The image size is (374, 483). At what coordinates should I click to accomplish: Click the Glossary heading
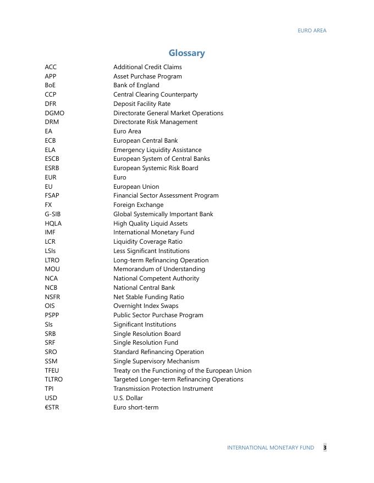186,53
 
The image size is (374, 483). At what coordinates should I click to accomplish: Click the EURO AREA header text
312,31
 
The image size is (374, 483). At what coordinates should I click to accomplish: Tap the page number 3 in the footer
324,448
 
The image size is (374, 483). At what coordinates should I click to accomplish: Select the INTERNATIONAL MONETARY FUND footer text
271,448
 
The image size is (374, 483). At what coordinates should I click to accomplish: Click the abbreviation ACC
51,67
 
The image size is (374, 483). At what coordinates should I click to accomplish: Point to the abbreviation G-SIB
53,214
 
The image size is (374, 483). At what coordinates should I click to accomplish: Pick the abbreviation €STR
52,407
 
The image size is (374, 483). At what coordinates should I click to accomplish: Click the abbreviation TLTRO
54,379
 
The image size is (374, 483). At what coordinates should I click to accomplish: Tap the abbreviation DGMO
54,113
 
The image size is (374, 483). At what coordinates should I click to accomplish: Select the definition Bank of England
136,85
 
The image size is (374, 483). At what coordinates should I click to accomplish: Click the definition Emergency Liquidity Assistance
157,150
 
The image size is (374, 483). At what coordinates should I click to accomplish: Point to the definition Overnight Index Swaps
146,306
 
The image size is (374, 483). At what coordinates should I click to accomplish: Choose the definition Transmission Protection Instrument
163,389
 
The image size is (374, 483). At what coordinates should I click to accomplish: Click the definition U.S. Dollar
128,398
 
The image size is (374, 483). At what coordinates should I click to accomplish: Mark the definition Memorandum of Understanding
159,269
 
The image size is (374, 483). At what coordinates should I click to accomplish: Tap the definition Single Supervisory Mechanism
156,361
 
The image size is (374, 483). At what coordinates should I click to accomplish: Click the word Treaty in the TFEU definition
122,370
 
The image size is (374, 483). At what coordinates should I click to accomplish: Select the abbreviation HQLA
53,223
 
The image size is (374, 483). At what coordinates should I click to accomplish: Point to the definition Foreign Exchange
138,205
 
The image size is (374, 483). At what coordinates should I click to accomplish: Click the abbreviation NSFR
53,297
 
